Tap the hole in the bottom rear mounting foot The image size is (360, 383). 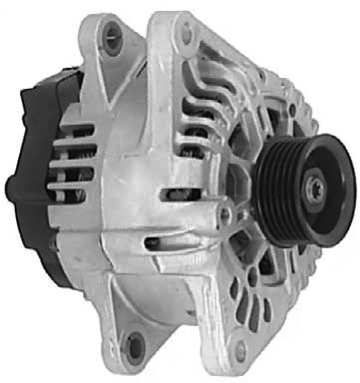[x=134, y=346]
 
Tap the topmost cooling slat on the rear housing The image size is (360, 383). [x=80, y=136]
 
